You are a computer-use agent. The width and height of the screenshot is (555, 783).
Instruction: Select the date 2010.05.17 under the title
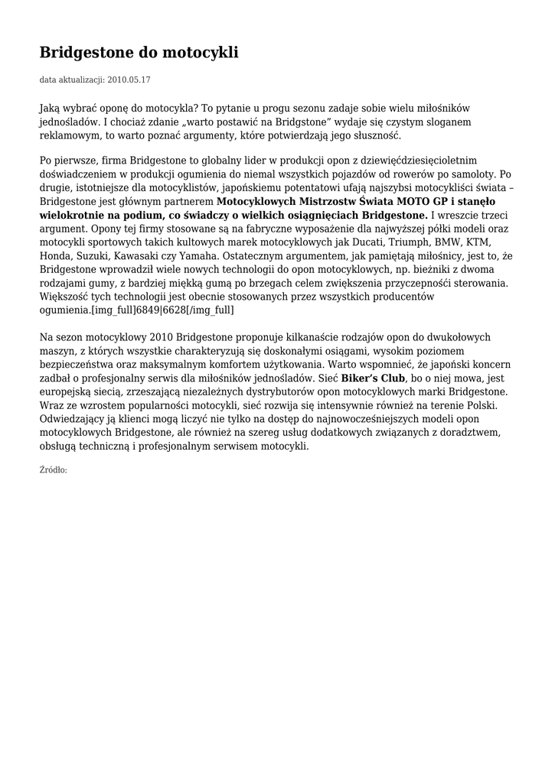[x=129, y=80]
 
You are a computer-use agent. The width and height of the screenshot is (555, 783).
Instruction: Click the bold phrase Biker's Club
[x=373, y=379]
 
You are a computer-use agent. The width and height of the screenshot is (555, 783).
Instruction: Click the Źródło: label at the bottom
[x=53, y=469]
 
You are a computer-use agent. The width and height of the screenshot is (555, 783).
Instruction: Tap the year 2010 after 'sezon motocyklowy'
[x=160, y=337]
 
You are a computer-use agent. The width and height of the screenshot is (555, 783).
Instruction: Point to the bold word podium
[x=138, y=216]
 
